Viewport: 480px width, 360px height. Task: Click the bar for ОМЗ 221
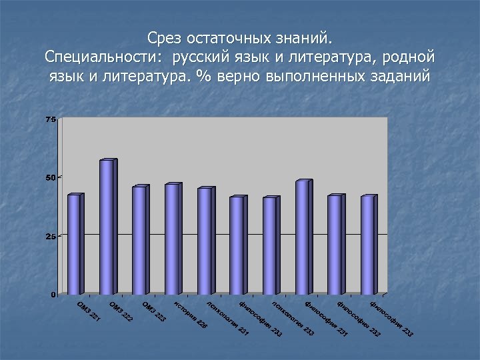[x=74, y=244]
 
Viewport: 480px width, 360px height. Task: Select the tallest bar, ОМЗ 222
[x=107, y=227]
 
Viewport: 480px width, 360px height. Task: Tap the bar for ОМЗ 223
[x=139, y=240]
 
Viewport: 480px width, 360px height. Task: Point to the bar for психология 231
[x=205, y=241]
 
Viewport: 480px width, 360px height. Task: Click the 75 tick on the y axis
[x=51, y=119]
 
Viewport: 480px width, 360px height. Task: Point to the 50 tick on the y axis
[x=51, y=177]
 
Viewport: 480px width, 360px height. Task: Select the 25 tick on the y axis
[x=51, y=236]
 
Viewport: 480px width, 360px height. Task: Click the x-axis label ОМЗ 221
[x=89, y=314]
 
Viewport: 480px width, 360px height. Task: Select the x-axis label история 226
[x=191, y=315]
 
